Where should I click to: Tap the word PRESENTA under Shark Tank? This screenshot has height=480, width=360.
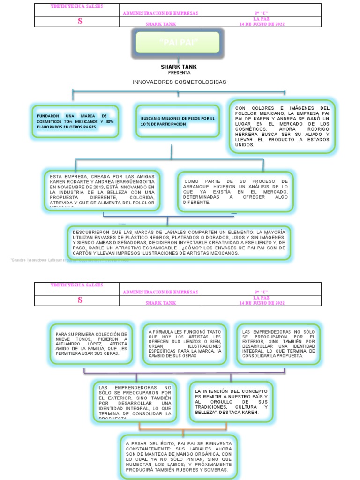pos(179,73)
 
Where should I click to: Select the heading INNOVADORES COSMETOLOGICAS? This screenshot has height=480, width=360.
pos(179,82)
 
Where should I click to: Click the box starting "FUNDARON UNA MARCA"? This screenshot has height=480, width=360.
pos(75,121)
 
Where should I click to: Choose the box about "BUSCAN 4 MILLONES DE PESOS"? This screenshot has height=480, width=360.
pos(177,121)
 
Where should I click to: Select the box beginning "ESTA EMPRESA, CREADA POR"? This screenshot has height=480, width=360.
pos(102,191)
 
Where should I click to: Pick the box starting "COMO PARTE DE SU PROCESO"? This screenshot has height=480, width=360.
pos(236,191)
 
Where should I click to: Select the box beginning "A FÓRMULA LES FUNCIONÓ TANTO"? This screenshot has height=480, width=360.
pos(185,344)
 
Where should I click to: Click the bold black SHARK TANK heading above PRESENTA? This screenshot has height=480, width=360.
pos(179,67)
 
